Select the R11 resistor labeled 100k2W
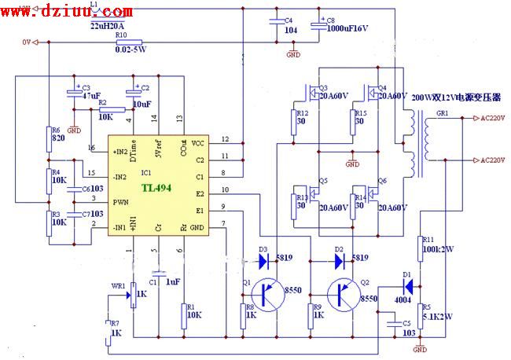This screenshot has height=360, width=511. point(417,248)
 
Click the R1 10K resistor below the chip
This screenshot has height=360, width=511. point(183,314)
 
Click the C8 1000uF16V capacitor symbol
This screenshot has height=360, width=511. point(319,28)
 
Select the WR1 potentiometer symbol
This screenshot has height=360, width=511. point(132,296)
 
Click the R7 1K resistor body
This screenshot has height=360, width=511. point(108,332)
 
